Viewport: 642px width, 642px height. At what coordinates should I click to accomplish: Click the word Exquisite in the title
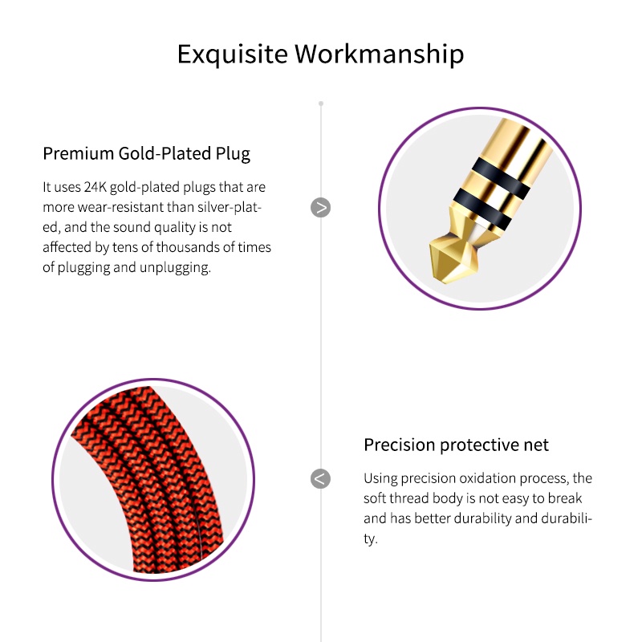(x=232, y=54)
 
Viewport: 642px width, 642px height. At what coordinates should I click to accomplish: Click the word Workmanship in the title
(x=379, y=54)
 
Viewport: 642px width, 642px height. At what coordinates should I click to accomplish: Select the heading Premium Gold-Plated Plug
(x=147, y=154)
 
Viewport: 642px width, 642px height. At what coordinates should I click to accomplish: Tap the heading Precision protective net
(x=456, y=445)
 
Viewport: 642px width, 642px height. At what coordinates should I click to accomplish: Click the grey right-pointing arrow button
(x=320, y=208)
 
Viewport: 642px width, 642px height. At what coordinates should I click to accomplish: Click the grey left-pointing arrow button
(x=320, y=478)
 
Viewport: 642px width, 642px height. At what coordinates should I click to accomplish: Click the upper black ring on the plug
(x=501, y=177)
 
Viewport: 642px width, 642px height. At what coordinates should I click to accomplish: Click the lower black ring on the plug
(x=483, y=209)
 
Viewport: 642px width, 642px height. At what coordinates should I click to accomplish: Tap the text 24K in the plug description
(x=95, y=187)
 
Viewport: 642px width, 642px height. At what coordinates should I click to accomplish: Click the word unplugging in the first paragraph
(x=175, y=268)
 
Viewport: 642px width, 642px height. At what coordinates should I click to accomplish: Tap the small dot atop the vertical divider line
(x=321, y=104)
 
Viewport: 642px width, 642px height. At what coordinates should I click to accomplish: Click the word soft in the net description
(x=375, y=498)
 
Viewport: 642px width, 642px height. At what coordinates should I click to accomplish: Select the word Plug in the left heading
(x=233, y=154)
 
